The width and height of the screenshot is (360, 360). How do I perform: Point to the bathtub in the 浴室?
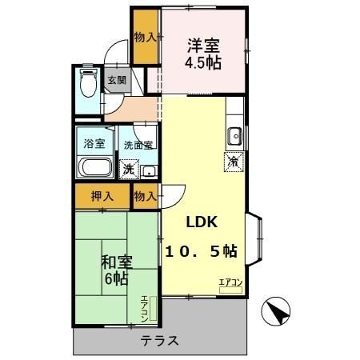[96, 169]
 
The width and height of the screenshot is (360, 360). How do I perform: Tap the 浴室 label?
[95, 144]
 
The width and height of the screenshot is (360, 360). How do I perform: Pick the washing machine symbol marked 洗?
[127, 170]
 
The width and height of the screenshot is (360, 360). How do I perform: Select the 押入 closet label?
[101, 196]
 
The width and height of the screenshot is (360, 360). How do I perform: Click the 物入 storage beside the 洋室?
[145, 36]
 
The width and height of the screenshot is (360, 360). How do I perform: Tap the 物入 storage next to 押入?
[145, 196]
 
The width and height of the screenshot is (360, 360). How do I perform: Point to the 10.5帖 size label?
[201, 250]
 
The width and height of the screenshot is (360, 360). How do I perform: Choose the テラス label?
[160, 341]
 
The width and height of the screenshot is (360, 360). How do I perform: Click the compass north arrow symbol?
[276, 309]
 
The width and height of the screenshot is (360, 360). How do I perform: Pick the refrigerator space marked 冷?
[233, 161]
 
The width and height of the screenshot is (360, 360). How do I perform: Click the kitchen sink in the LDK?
[234, 137]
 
